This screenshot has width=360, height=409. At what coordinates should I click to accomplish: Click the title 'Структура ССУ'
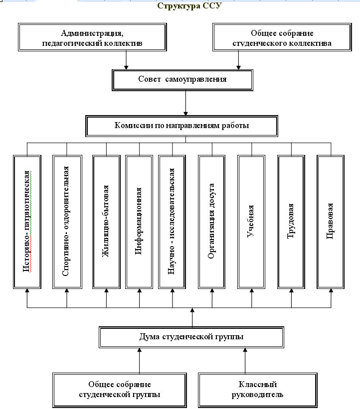(x=189, y=6)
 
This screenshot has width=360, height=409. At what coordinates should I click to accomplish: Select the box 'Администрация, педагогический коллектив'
(x=92, y=37)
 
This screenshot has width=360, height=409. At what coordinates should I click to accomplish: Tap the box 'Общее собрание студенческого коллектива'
(x=282, y=37)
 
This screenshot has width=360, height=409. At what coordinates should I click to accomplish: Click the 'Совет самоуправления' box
(x=182, y=80)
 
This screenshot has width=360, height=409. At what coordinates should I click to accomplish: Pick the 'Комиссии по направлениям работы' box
(x=181, y=126)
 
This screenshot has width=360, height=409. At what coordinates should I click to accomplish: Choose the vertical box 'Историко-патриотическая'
(x=27, y=222)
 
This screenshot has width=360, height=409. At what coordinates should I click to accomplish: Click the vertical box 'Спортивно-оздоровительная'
(x=67, y=222)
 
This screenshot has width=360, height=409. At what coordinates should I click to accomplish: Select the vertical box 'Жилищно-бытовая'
(x=107, y=222)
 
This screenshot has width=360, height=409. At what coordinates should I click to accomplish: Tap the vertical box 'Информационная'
(x=139, y=222)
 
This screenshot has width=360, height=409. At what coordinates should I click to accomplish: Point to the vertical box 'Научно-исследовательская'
(x=172, y=222)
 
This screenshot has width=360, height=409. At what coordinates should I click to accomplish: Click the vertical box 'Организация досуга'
(x=212, y=222)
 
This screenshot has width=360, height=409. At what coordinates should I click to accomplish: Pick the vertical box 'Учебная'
(x=251, y=222)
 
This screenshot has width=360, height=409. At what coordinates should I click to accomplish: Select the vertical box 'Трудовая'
(x=291, y=222)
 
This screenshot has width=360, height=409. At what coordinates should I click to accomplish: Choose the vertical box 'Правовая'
(x=331, y=222)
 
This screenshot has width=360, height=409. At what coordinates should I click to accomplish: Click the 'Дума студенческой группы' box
(x=191, y=337)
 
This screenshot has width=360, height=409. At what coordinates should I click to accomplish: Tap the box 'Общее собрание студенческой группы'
(x=120, y=390)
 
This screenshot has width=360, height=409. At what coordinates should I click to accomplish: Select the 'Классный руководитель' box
(x=258, y=390)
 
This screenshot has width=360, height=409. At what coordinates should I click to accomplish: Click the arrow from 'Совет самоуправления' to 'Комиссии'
(x=185, y=103)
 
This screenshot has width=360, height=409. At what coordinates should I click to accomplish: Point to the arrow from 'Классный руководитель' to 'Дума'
(x=245, y=361)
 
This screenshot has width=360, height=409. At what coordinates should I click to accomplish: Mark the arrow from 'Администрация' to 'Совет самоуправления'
(x=126, y=60)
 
